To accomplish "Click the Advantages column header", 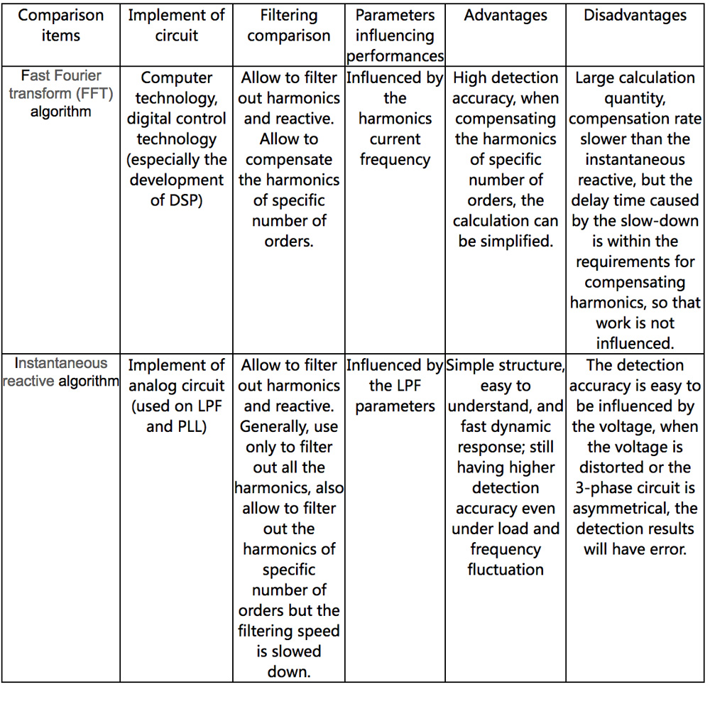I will point(506,16).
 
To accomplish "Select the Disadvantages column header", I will point(635,16).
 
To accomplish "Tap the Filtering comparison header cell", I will point(289,26).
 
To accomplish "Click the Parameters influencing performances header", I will point(395,36).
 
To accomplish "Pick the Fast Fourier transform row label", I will point(60,93).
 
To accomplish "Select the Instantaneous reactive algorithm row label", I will point(60,372).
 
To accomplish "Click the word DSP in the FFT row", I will point(186,200).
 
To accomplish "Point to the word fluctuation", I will point(506,570).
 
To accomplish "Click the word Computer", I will point(177,77).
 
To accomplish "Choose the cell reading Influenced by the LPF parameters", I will point(395,386).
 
